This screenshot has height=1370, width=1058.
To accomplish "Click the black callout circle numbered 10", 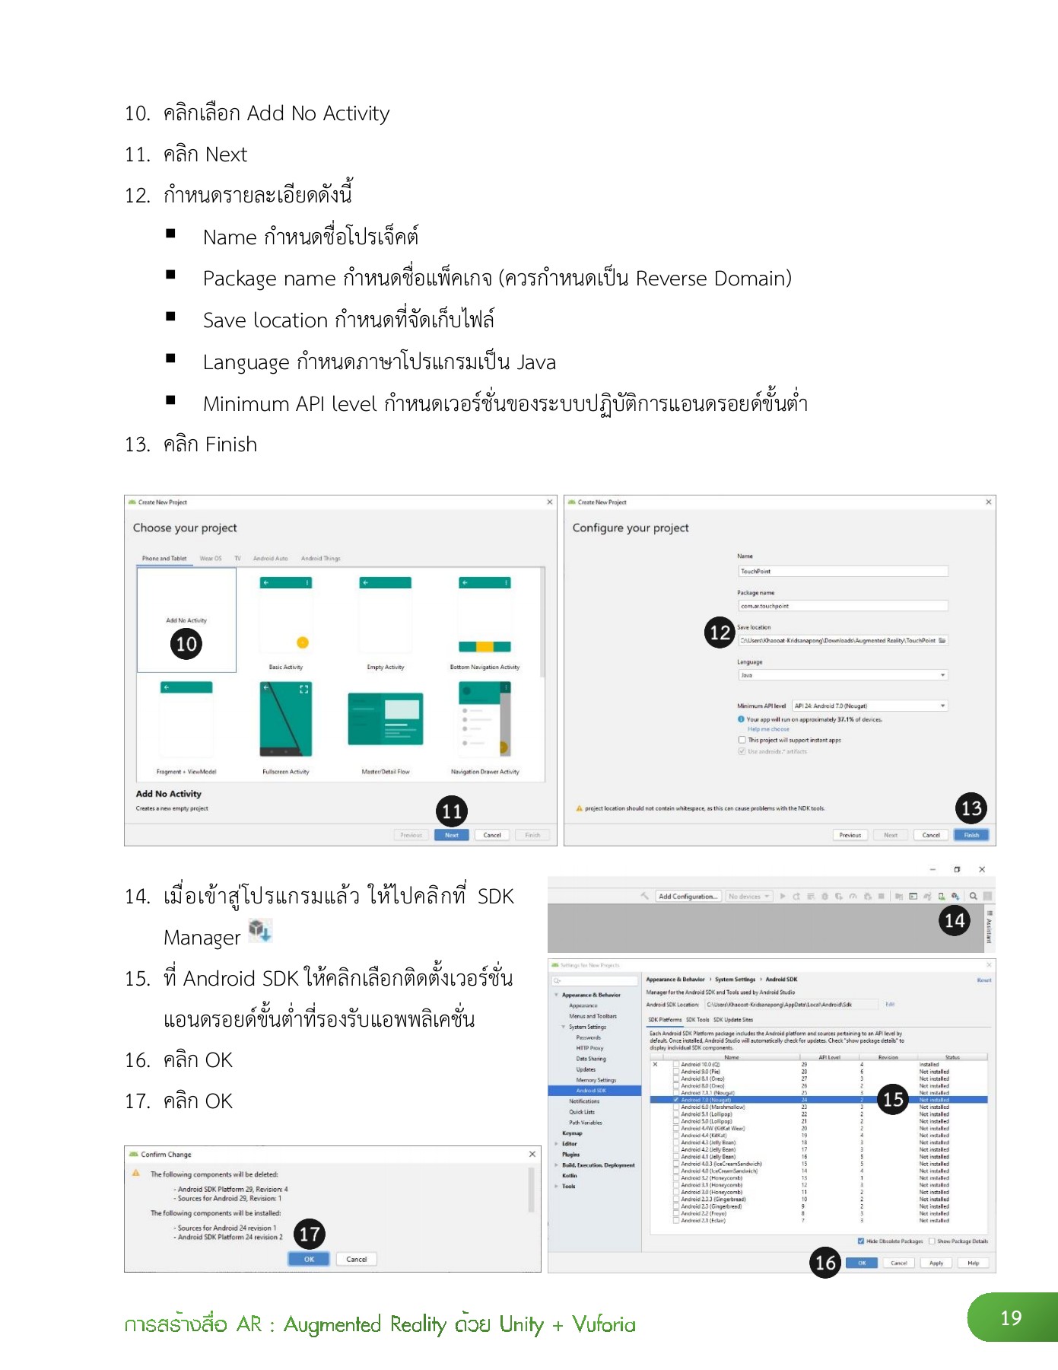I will pos(186,644).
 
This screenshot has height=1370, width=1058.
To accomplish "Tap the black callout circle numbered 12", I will pos(720,632).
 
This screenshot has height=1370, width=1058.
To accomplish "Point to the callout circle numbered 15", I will pos(893,1099).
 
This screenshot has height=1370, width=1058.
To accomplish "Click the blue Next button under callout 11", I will pos(452,835).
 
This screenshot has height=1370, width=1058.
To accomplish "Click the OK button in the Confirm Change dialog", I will pos(309,1259).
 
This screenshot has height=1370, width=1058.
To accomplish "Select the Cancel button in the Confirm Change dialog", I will pos(356,1259).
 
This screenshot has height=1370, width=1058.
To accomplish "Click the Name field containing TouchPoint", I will pos(843,571).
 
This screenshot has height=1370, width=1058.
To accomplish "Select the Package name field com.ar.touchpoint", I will pos(843,606).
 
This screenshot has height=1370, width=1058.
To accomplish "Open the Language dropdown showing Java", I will pos(843,675).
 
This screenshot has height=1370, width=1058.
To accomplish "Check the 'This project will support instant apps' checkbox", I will pos(742,740).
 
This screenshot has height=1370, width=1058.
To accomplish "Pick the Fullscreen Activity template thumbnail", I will pos(286,719).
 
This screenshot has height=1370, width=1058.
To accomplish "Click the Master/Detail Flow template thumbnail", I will pos(386,719).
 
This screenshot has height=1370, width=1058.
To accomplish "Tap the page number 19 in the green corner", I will pos(1011,1317).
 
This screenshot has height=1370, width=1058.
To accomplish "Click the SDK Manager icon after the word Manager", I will pos(260,930).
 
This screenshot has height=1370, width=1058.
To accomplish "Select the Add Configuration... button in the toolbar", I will pos(688,897).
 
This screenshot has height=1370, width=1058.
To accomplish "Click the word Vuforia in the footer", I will pos(604,1324).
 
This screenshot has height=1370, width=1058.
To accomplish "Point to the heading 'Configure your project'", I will pos(631,527).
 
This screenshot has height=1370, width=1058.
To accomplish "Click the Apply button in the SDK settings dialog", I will pos(936,1263).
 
